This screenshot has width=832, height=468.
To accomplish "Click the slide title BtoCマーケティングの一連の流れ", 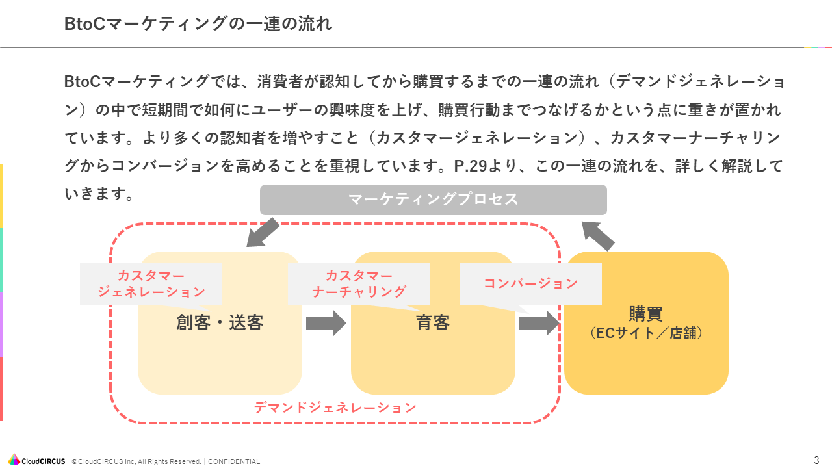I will (198, 24).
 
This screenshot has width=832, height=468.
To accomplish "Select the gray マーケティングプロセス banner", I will (433, 200).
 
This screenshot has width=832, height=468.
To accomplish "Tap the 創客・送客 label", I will (220, 323).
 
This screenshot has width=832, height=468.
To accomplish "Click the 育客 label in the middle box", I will (433, 323).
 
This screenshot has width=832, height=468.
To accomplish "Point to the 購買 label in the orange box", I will (645, 314).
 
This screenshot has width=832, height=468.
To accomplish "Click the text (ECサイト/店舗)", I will (645, 333).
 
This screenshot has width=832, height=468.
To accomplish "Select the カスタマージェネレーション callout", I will (151, 284).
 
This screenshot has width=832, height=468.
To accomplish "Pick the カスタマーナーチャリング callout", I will (359, 284).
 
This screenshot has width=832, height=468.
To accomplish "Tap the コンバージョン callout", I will (530, 283).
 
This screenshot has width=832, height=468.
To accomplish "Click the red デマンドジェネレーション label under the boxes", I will (335, 408).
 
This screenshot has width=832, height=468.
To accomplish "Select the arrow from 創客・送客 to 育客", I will (326, 323).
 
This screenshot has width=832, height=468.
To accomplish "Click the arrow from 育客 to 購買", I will (539, 323).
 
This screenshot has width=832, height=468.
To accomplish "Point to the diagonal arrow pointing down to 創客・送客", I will (263, 233).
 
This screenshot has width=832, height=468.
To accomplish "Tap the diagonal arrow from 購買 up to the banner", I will (598, 235).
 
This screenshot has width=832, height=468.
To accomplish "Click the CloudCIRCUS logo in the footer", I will (37, 461).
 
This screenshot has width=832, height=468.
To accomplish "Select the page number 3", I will (816, 460).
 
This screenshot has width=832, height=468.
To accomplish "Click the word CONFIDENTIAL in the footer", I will (233, 461).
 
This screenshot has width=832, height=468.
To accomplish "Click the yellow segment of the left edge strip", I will (1, 196).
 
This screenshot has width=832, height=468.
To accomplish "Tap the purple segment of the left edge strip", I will (1, 324).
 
